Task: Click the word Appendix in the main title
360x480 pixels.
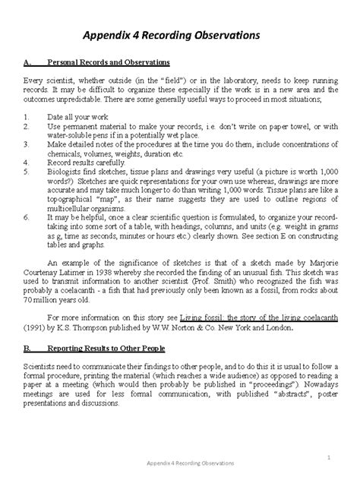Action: (115, 35)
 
